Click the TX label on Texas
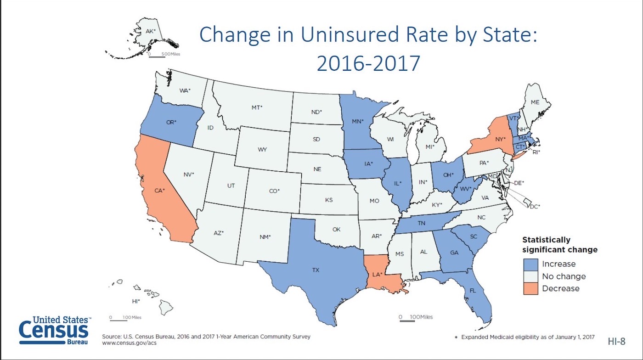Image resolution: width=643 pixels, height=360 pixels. click(x=316, y=270)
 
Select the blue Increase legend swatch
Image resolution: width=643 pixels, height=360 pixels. click(x=530, y=264)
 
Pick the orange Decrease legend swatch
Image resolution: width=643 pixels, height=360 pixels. click(x=530, y=288)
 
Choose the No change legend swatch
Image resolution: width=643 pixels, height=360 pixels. click(x=530, y=276)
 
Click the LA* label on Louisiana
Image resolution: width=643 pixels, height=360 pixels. click(x=377, y=274)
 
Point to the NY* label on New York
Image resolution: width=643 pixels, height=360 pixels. click(x=500, y=139)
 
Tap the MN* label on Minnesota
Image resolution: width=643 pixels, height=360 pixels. click(x=358, y=122)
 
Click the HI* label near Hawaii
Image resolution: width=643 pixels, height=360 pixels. click(x=135, y=301)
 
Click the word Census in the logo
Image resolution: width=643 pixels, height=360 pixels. click(x=53, y=329)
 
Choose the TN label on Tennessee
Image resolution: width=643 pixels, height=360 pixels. click(x=421, y=223)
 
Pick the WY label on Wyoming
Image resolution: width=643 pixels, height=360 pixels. click(x=262, y=150)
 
